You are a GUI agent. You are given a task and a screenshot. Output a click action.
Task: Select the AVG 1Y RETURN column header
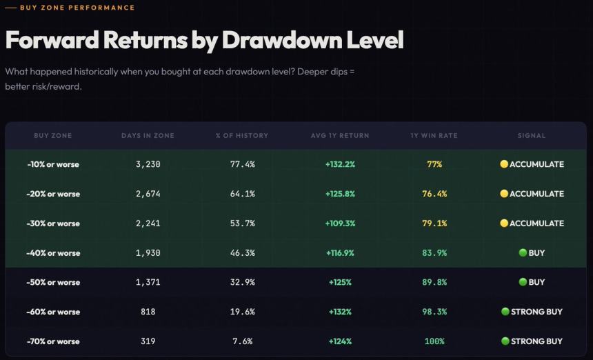coord(340,136)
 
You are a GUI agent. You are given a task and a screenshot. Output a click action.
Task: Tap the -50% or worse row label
coord(53,282)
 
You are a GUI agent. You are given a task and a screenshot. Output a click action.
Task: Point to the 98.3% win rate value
coord(434,312)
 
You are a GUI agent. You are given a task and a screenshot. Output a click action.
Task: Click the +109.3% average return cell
coord(340,223)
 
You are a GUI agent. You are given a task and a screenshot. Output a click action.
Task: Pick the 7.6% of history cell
coord(242,341)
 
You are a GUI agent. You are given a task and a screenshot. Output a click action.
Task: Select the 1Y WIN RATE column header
coord(434,136)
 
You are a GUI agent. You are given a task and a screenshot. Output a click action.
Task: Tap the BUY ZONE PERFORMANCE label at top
coord(77,8)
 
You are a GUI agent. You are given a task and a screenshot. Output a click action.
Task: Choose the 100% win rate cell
coord(434,341)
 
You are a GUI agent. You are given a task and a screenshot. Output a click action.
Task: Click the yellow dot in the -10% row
coord(504,164)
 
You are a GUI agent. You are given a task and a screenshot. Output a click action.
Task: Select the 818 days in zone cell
coord(148,312)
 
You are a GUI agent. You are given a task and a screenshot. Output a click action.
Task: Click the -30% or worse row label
coord(53,223)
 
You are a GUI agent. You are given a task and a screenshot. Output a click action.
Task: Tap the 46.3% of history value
coord(242,253)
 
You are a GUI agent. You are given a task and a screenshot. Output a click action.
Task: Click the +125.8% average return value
coord(340,194)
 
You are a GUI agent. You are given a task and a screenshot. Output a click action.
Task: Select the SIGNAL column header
coord(532,136)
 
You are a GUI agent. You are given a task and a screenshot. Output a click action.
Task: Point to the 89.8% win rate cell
coord(434,282)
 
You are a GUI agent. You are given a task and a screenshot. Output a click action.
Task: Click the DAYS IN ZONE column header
coord(148,136)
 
